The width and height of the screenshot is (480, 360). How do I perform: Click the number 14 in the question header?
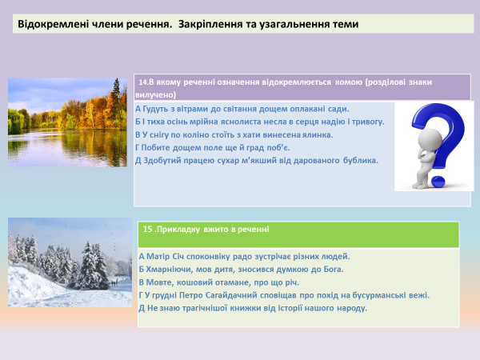144,82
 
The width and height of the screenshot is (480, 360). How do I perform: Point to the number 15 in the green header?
146,229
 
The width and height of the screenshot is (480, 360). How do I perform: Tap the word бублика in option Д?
358,160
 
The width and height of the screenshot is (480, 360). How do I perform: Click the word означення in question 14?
239,82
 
